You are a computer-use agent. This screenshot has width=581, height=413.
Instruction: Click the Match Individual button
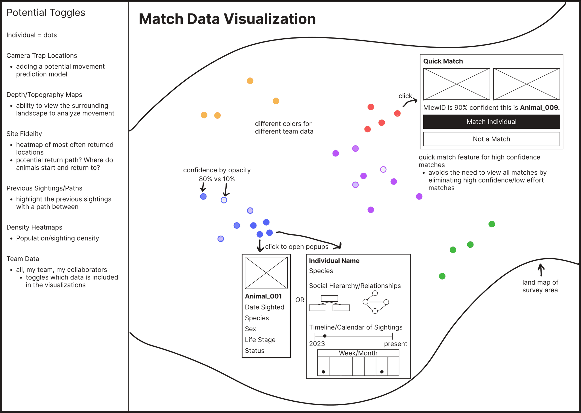point(491,122)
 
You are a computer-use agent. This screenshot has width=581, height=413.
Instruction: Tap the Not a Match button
point(491,139)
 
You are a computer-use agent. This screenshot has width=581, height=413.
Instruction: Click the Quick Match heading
point(443,61)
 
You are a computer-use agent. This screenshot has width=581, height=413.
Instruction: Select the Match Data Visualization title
point(227,19)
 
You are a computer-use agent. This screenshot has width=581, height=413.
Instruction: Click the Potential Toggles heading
point(46,13)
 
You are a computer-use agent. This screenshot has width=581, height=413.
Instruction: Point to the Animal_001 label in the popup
point(263,296)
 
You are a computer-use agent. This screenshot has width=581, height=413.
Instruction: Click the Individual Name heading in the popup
point(334,261)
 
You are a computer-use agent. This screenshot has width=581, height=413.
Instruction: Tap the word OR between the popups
point(300,300)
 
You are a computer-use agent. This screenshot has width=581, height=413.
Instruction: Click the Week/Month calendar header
point(358,353)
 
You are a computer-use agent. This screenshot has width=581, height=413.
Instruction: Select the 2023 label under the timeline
point(317,344)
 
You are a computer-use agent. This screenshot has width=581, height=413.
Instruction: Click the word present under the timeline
point(395,344)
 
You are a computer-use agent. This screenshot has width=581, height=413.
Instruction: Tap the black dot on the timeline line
point(325,336)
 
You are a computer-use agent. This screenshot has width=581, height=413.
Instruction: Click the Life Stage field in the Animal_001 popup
point(260,340)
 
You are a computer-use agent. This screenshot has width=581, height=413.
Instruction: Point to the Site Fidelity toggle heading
point(24,134)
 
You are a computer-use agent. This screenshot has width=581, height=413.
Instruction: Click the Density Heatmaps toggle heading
point(34,227)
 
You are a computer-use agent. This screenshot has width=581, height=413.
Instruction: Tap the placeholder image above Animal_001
point(266,273)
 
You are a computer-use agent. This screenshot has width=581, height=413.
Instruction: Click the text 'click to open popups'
point(297,247)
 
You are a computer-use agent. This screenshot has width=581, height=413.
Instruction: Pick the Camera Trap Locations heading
point(42,56)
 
